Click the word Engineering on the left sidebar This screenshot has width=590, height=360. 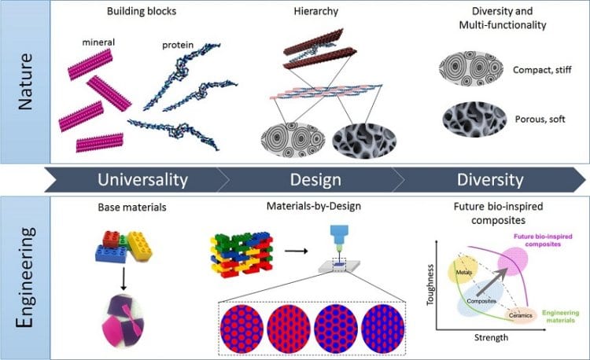click(x=24, y=278)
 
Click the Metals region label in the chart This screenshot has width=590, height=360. click(x=463, y=272)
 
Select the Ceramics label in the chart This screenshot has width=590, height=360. click(x=520, y=316)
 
